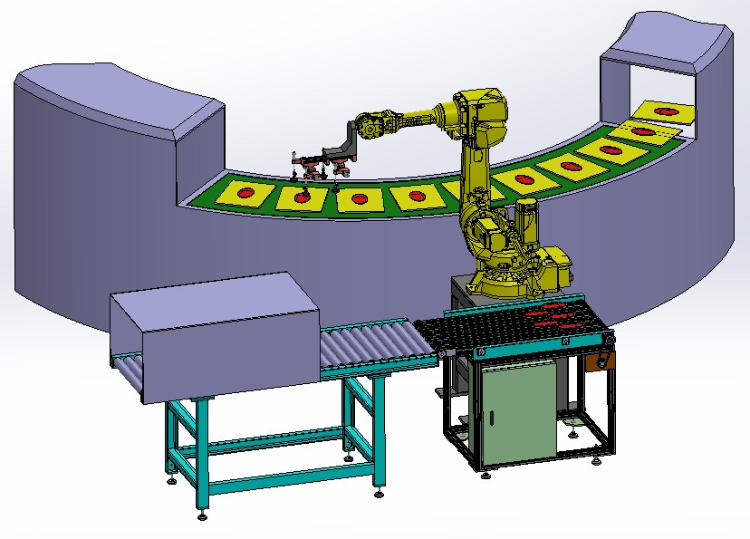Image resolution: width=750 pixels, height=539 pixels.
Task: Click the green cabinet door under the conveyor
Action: click(519, 411)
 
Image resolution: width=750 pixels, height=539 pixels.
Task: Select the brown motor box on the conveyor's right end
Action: click(599, 361)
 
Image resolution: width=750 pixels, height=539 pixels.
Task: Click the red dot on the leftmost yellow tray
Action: click(246, 192)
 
